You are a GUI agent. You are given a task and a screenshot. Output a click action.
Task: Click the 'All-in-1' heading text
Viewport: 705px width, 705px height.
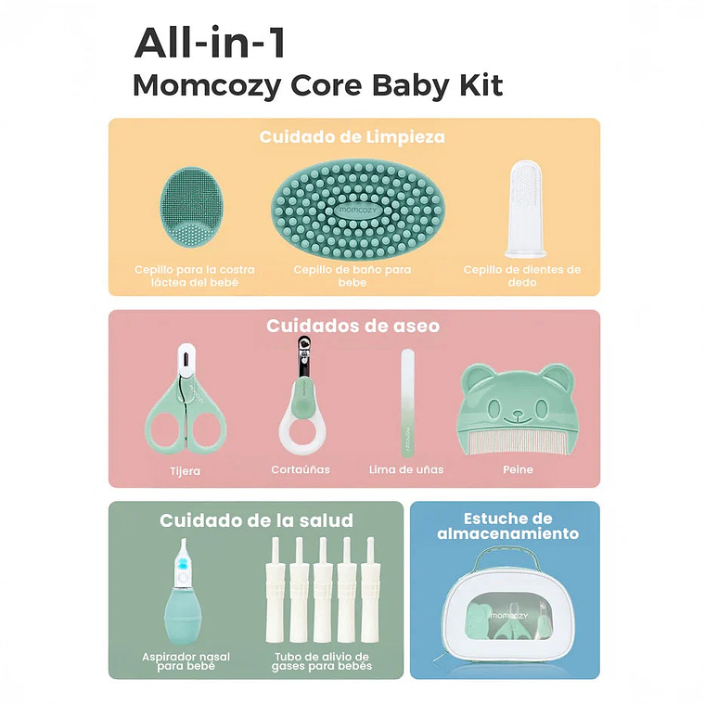[211, 44]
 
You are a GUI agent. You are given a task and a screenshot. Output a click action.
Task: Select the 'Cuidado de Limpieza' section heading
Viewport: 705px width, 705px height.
[352, 137]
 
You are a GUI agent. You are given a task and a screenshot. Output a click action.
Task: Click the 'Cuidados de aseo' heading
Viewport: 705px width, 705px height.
[353, 326]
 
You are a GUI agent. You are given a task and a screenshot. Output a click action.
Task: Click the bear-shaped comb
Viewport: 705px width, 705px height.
[517, 408]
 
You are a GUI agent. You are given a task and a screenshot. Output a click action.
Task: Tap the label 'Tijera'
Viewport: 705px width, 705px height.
[186, 471]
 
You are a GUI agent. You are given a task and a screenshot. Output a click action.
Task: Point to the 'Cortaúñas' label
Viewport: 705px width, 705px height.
[301, 470]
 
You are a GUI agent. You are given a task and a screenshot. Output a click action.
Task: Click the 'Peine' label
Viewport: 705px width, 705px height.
[518, 470]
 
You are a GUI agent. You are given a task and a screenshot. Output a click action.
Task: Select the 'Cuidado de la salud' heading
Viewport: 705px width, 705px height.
[256, 520]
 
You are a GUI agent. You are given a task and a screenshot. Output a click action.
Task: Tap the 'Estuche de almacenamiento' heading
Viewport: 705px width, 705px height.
[508, 526]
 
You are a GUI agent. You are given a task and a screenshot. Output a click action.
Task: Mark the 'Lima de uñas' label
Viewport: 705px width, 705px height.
[407, 470]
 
